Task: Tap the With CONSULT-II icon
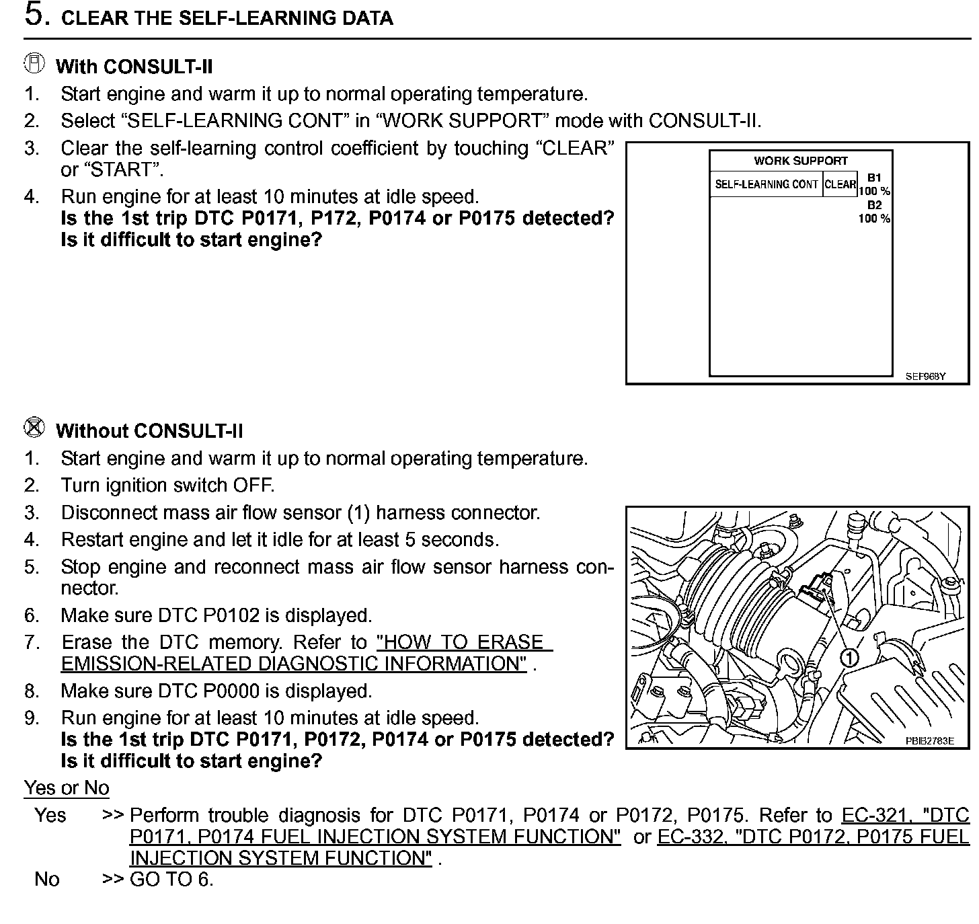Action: click(x=34, y=64)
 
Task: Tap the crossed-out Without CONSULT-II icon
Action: click(x=34, y=427)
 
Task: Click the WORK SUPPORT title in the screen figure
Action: click(x=800, y=161)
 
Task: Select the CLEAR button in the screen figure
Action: click(x=840, y=184)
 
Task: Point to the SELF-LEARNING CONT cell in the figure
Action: click(x=766, y=184)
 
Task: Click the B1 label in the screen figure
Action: click(x=874, y=178)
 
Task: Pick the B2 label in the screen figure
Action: click(x=874, y=205)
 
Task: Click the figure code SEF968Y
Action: click(x=925, y=377)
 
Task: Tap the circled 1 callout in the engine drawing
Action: click(x=849, y=658)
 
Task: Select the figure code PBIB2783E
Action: click(x=929, y=740)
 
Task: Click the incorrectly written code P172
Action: click(x=334, y=219)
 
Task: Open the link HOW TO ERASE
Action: click(x=464, y=642)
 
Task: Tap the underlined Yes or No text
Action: click(x=66, y=787)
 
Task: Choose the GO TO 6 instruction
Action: click(x=171, y=879)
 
